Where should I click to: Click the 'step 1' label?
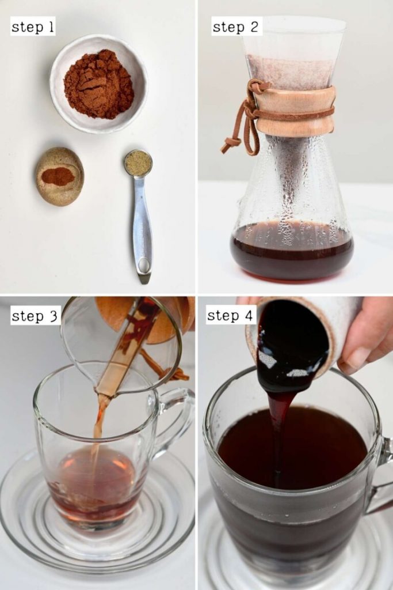tap(33, 27)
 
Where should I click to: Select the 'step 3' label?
tap(35, 315)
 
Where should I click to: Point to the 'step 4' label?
tap(231, 315)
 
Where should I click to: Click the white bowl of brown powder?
tap(98, 84)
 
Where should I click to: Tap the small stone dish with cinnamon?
tap(59, 176)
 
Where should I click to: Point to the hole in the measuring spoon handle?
tap(143, 265)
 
